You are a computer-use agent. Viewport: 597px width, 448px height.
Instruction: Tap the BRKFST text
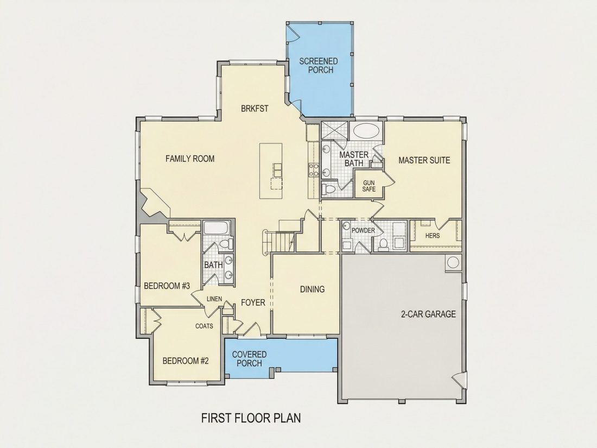(x=255, y=109)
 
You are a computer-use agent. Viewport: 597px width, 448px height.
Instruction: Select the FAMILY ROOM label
(x=190, y=159)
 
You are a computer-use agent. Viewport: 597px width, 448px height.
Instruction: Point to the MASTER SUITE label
(x=424, y=160)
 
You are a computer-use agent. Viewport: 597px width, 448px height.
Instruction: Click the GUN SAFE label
(x=369, y=186)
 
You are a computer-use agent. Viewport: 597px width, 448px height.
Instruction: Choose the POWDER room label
(x=363, y=230)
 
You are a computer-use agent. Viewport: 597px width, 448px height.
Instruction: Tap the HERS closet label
(x=433, y=236)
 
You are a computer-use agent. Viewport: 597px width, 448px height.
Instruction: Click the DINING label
(x=313, y=289)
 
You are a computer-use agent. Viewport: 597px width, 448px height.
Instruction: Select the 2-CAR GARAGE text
(x=428, y=314)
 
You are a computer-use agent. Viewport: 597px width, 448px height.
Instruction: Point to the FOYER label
(x=253, y=303)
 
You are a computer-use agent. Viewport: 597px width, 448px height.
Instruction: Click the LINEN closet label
(x=214, y=299)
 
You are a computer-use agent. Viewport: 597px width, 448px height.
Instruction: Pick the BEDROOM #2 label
(x=186, y=361)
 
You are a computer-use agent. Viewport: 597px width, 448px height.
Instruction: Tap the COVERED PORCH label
(x=250, y=359)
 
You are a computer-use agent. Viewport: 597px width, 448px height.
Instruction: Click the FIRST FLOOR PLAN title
(x=251, y=418)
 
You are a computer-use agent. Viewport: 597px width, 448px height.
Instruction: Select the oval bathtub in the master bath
(x=366, y=131)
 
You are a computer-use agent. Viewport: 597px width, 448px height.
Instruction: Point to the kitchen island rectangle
(x=271, y=171)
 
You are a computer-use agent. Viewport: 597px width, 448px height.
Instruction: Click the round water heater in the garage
(x=453, y=262)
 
